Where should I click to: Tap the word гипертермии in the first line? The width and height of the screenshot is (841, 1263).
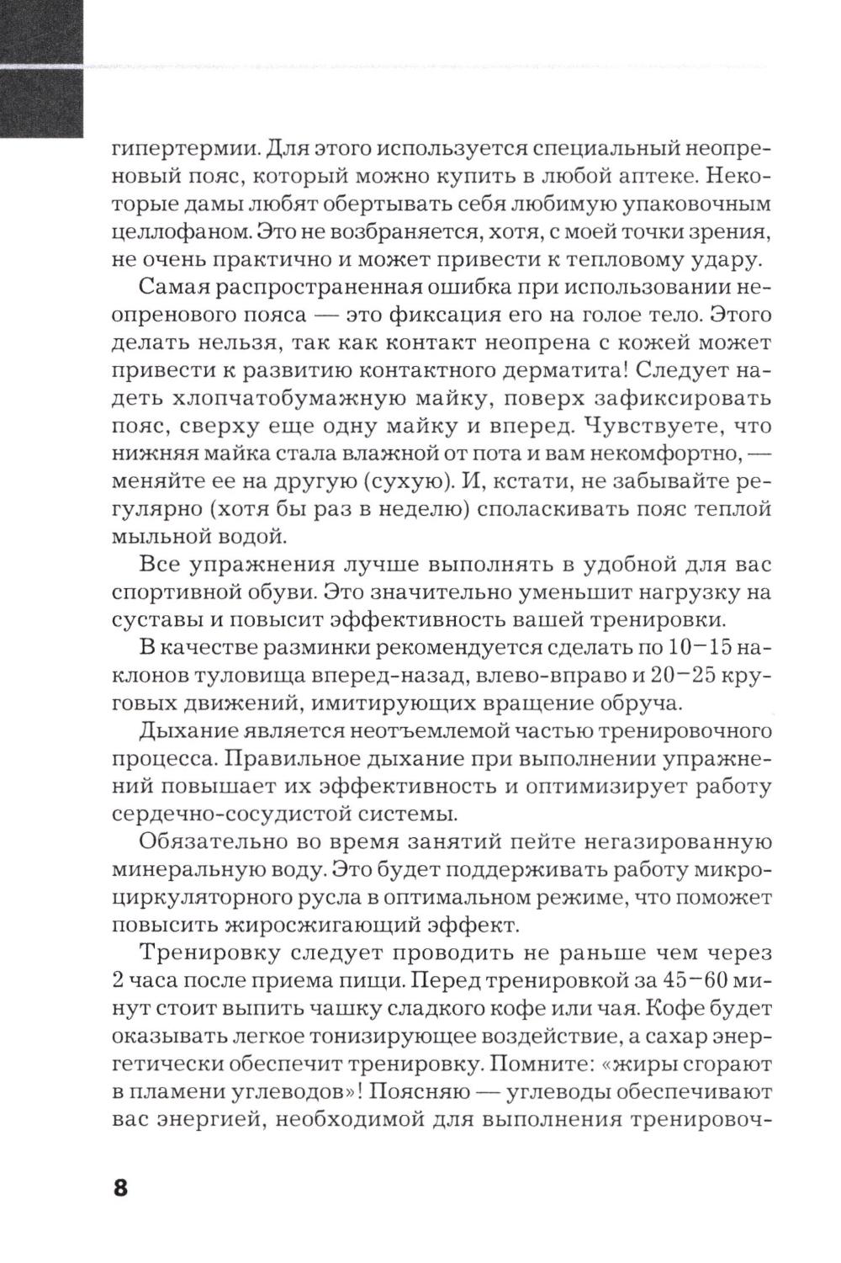[179, 151]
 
